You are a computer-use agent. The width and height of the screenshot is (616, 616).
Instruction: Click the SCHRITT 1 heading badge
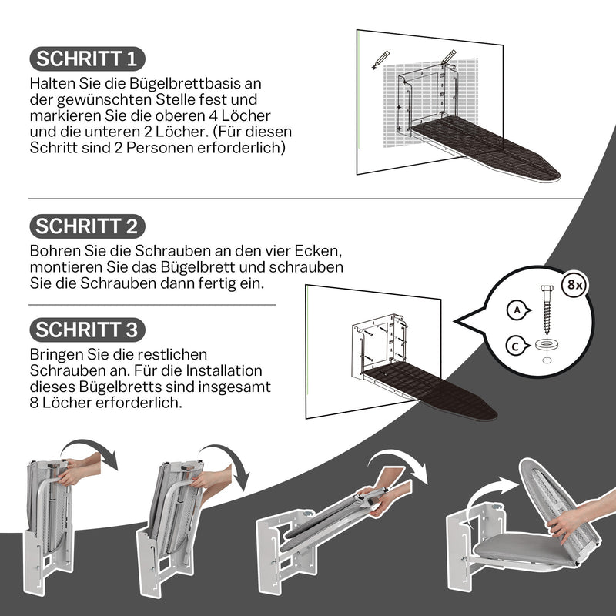86,59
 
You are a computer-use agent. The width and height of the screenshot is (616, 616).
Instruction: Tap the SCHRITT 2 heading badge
87,226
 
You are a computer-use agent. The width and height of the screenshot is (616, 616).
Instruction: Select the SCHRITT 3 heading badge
87,330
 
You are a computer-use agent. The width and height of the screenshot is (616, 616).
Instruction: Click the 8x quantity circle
574,284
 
